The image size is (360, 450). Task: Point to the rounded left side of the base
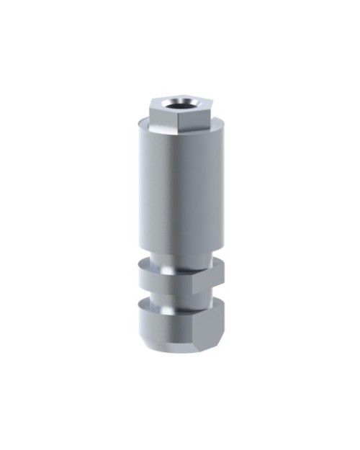click(x=144, y=328)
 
